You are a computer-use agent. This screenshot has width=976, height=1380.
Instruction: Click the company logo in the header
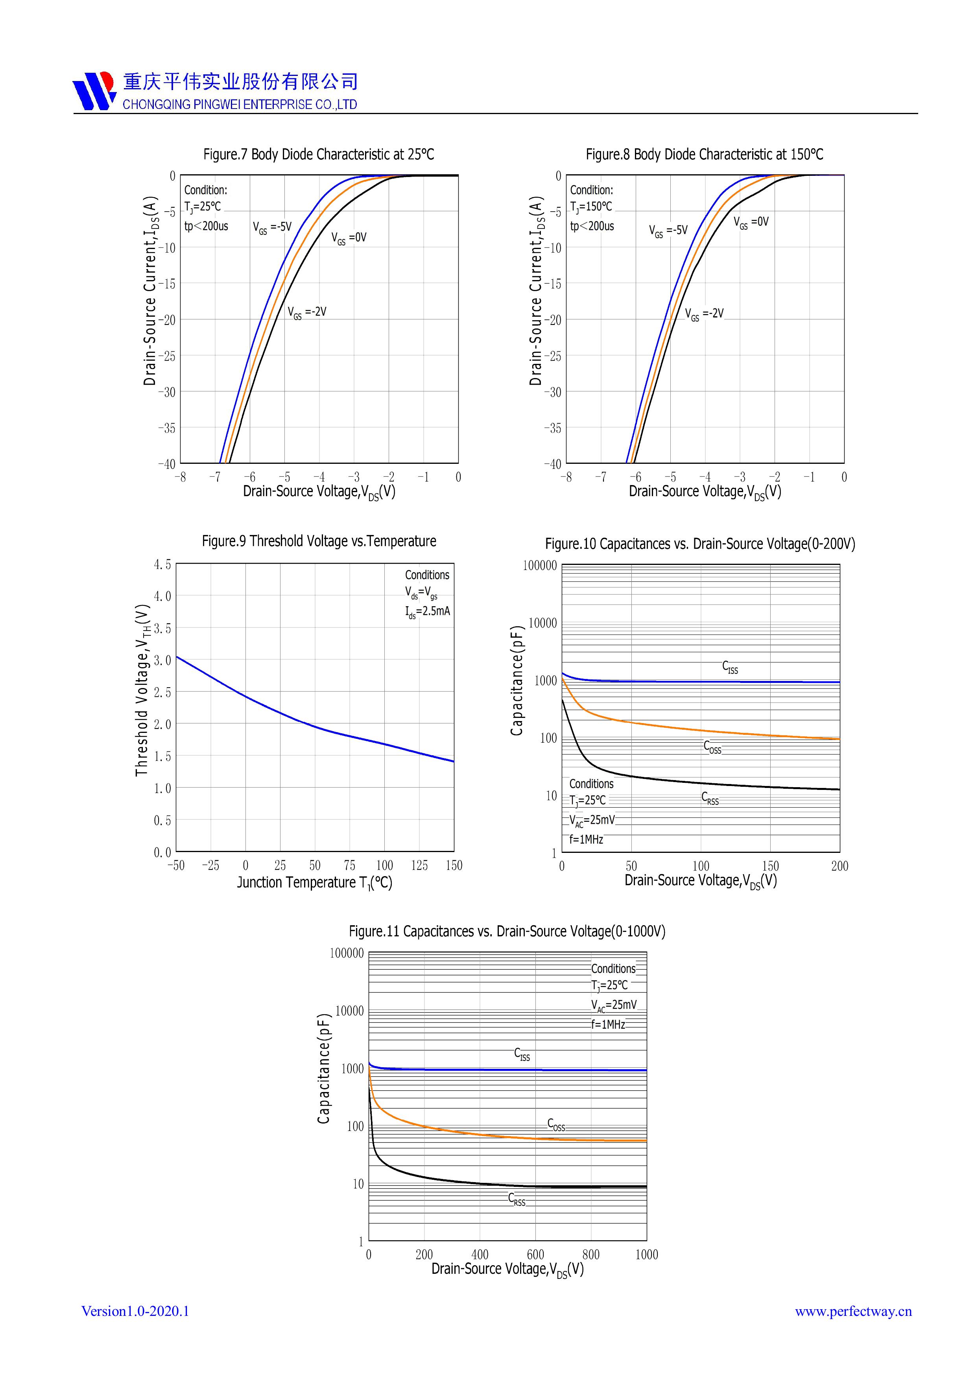[x=94, y=91]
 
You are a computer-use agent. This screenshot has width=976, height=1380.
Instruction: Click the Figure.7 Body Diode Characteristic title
[x=319, y=155]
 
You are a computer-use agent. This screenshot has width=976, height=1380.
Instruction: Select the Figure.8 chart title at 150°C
[x=704, y=155]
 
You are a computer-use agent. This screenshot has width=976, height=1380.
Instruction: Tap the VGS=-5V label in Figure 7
[x=272, y=227]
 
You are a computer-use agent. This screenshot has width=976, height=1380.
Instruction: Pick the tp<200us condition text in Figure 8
[x=592, y=226]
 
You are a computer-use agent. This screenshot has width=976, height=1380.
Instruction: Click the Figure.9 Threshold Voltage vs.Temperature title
[x=319, y=541]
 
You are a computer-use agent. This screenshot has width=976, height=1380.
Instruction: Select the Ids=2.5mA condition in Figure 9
[x=427, y=612]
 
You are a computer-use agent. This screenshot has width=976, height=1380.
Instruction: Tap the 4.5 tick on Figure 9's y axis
[x=162, y=565]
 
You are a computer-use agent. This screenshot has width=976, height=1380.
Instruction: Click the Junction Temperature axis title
[x=314, y=882]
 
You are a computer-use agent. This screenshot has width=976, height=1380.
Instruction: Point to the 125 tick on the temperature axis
[x=419, y=865]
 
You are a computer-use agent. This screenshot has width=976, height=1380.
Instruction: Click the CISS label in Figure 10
[x=730, y=667]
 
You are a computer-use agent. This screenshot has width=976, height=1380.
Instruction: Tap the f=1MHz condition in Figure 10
[x=587, y=839]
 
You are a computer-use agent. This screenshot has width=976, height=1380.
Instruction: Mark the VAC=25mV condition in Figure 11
[x=614, y=1005]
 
